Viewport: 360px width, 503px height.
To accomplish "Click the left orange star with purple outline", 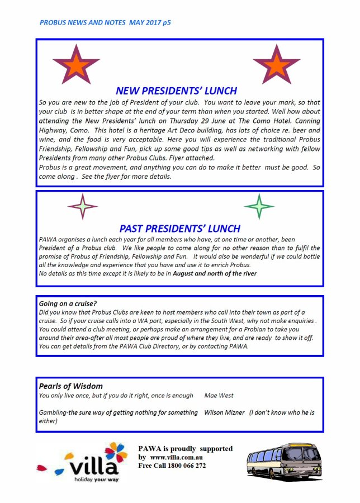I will click(x=76, y=64).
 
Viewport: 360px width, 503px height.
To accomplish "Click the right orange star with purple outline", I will click(x=276, y=64).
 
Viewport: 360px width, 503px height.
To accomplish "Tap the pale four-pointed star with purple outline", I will click(x=82, y=207).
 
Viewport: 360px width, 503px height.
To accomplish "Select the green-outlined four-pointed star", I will click(x=259, y=207).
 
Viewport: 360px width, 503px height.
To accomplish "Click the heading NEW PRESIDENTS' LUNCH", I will click(x=176, y=91).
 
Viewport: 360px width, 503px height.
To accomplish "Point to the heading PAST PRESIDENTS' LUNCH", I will click(x=179, y=228).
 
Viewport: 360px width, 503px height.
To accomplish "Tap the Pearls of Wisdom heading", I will click(x=71, y=386).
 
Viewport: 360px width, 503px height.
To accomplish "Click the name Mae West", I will click(x=219, y=396).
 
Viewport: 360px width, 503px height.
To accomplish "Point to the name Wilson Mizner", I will click(x=224, y=412).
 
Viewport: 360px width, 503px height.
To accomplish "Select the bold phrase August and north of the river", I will click(x=215, y=273).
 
